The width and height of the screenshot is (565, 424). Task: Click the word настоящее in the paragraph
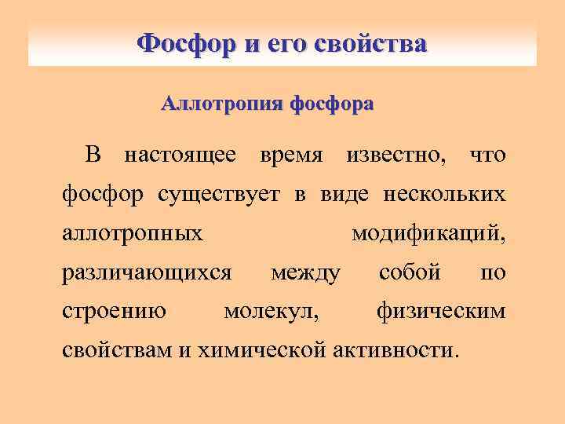click(180, 155)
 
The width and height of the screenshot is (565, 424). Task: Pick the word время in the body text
click(290, 155)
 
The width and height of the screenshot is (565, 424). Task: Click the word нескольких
click(444, 195)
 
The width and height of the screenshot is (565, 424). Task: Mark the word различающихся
click(147, 272)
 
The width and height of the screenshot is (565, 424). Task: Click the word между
click(305, 273)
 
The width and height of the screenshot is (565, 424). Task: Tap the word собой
click(410, 272)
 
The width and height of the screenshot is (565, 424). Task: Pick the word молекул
click(272, 312)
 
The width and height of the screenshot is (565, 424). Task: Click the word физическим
click(442, 312)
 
